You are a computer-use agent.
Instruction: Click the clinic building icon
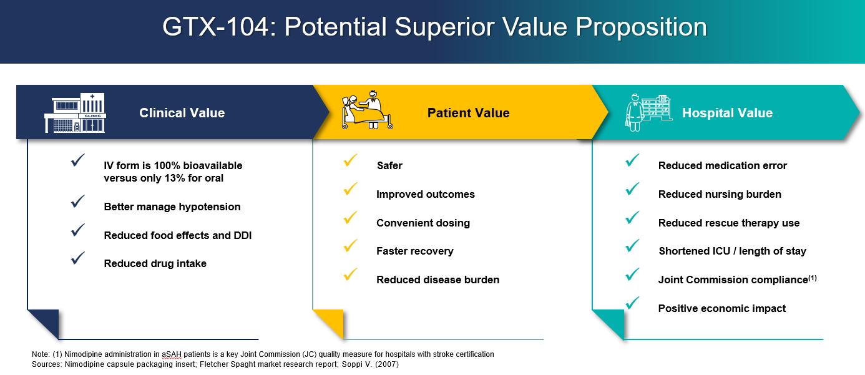tap(75, 112)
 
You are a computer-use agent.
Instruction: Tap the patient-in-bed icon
tap(367, 110)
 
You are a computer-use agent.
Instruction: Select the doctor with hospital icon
tap(648, 112)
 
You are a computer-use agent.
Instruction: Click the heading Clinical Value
tap(182, 113)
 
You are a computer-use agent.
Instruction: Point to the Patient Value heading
tap(469, 113)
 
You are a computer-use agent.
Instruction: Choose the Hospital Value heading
tap(728, 113)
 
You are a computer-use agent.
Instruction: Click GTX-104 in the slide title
tap(215, 27)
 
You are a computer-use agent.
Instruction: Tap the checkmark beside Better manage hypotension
tap(78, 201)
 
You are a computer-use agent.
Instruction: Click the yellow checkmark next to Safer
tap(350, 160)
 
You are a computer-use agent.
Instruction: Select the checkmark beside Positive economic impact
tap(632, 303)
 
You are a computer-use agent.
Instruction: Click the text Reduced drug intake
tap(155, 263)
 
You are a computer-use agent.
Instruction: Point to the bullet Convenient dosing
tap(423, 223)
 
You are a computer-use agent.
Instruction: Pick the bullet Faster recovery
tap(415, 251)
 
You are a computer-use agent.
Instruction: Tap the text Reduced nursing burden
tap(720, 194)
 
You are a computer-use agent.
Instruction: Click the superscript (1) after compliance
tap(813, 278)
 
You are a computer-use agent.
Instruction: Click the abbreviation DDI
tap(243, 235)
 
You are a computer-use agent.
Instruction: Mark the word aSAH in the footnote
tap(172, 354)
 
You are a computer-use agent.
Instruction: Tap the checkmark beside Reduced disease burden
tap(350, 274)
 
